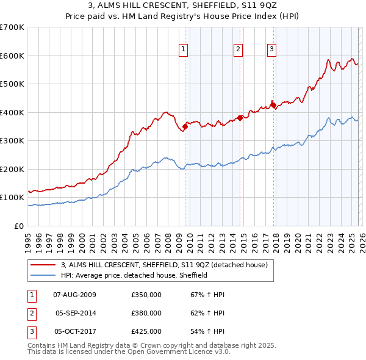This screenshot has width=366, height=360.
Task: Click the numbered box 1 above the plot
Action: [x=183, y=50]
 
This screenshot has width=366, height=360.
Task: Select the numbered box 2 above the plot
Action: [x=238, y=50]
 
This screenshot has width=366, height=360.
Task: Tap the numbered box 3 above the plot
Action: [x=271, y=50]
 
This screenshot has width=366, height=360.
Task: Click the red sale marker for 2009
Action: [x=185, y=126]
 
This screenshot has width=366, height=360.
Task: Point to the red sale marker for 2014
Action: [x=240, y=118]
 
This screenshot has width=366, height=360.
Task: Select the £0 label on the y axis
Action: [x=20, y=226]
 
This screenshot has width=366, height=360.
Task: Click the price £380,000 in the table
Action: [x=146, y=313]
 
